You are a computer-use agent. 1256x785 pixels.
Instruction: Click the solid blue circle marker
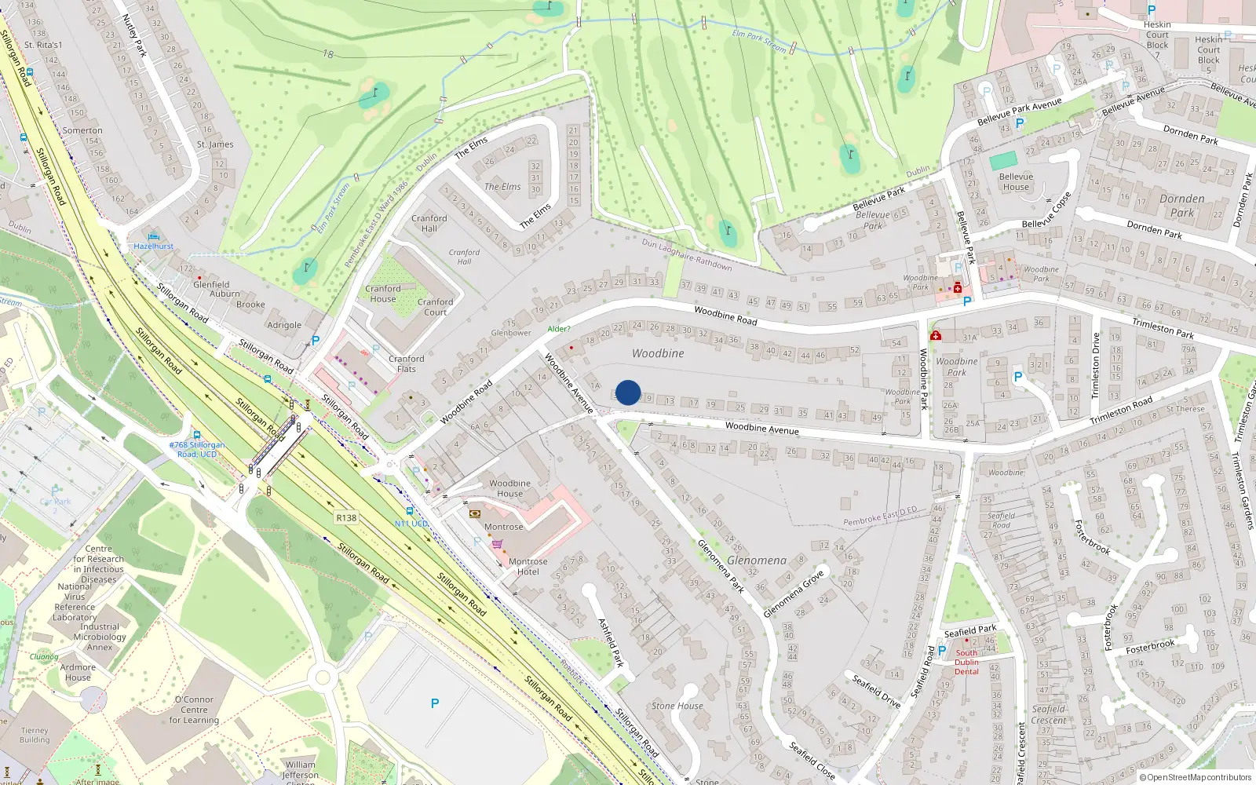pos(628,392)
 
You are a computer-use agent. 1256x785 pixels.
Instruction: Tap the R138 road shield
pos(346,518)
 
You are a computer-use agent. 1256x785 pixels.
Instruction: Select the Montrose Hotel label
pos(528,567)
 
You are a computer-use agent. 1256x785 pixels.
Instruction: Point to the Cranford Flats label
pos(406,363)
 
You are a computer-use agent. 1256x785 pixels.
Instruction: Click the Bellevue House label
pos(1016,182)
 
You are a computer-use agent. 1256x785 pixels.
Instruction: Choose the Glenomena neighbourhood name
pos(757,560)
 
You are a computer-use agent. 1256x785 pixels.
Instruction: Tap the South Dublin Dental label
pos(966,662)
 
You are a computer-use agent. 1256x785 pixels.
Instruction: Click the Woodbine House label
pos(509,488)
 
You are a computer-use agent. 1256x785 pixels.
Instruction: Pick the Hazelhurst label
pos(154,246)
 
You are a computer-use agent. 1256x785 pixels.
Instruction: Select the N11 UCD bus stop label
pos(411,524)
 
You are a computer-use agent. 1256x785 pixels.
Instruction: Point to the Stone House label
pos(677,706)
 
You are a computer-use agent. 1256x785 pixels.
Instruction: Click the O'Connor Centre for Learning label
pos(194,710)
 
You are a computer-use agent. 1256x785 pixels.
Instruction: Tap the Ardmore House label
pos(78,673)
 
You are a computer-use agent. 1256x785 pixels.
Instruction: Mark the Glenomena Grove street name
pos(794,594)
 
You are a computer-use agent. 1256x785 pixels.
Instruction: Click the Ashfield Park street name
pos(611,642)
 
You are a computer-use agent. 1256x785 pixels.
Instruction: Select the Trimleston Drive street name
pos(1096,365)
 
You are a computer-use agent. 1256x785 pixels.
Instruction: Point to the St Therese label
pos(1185,409)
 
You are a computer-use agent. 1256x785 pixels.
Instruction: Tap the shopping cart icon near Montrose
pos(497,544)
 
